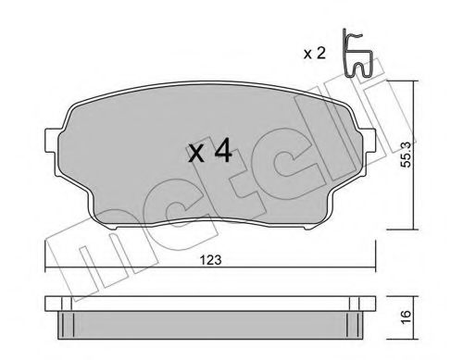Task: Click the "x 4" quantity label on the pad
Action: point(209,152)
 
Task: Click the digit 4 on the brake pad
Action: point(222,152)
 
